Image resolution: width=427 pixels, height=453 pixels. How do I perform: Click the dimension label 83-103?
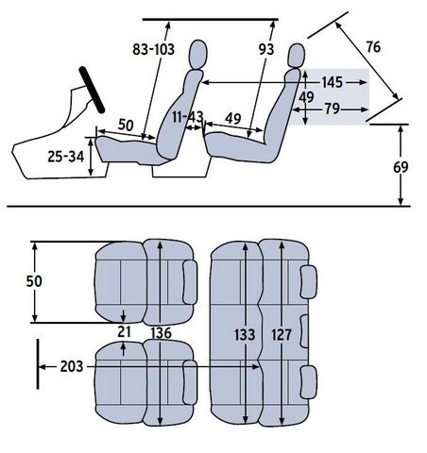pos(153,49)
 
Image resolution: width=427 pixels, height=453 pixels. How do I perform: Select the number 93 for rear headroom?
pos(266,49)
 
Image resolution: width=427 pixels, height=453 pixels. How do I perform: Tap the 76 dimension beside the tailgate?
pos(373,47)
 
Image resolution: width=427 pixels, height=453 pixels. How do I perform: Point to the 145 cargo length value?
pos(333,82)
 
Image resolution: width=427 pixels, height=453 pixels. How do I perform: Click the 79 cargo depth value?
pos(333,109)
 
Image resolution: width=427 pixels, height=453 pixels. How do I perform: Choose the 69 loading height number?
pos(401,167)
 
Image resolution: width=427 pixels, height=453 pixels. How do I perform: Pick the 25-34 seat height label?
pos(66,157)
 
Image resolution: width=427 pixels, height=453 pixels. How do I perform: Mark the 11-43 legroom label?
pos(188,117)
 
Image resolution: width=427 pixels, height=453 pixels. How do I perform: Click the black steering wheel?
pos(92,90)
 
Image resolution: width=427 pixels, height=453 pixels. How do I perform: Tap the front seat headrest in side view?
pos(198,54)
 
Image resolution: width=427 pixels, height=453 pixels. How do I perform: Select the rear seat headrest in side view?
pos(297,56)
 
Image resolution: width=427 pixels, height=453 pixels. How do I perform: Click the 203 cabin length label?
pos(72,366)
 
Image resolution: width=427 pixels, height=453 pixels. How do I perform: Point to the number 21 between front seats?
pos(124,332)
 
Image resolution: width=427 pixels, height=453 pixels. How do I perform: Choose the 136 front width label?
pos(161,333)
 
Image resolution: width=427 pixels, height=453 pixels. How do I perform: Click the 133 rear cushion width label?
pos(245,335)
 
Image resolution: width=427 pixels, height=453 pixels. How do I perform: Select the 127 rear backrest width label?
pos(282,335)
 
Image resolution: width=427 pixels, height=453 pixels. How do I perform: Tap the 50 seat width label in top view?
pos(34,281)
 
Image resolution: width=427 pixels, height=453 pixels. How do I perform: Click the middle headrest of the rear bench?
pos(304,331)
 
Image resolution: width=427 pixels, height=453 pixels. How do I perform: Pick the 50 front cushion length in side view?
pos(126,126)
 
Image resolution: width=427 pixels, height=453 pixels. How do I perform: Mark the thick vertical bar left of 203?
pos(38,364)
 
